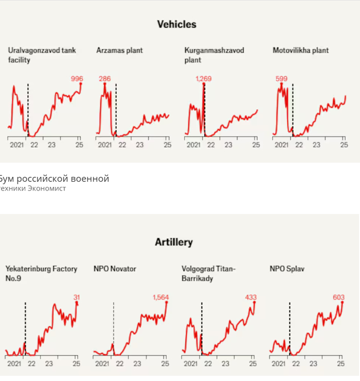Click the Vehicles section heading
(x=176, y=24)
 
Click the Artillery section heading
(x=174, y=242)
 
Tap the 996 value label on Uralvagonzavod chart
(x=77, y=79)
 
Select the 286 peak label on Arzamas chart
(x=105, y=79)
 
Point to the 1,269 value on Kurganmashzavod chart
(x=203, y=79)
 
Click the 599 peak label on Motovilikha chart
(x=281, y=79)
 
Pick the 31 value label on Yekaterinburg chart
(x=77, y=297)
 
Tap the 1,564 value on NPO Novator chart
(x=160, y=297)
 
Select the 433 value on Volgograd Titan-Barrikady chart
(x=250, y=297)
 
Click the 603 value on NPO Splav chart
(x=339, y=297)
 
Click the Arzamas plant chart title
(x=119, y=50)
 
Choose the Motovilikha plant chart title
(x=300, y=50)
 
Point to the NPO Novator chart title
(x=115, y=269)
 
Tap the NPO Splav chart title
(x=287, y=269)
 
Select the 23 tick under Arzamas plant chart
(x=139, y=145)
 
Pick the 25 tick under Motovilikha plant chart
(x=344, y=145)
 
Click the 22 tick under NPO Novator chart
(x=120, y=363)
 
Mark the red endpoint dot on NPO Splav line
(x=342, y=303)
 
